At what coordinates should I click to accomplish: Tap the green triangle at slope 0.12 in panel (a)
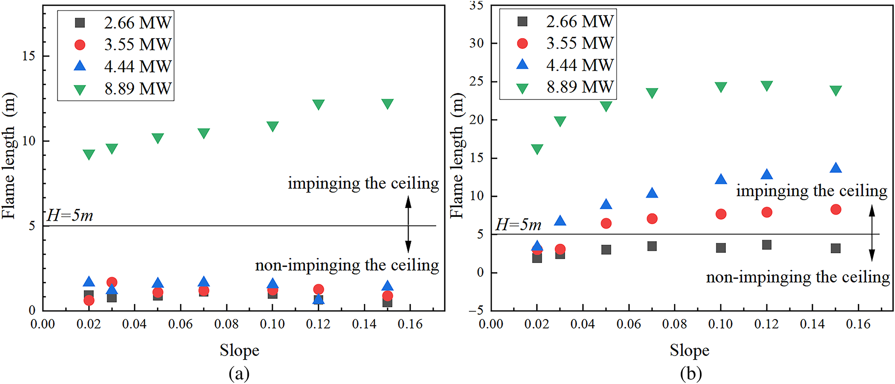tap(319, 104)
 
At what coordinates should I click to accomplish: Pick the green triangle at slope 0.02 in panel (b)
tap(537, 149)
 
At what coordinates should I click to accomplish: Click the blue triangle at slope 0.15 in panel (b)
tap(836, 168)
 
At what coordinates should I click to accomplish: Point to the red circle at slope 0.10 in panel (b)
tap(721, 214)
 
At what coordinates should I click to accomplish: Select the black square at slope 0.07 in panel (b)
tap(652, 246)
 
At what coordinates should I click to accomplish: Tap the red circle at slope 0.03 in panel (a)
tap(112, 282)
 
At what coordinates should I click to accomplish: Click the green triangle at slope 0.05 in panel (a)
tap(158, 138)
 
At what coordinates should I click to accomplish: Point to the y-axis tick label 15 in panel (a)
tap(29, 56)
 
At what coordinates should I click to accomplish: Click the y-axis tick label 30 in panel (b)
tap(476, 43)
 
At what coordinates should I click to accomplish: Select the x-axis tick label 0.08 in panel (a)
tap(227, 324)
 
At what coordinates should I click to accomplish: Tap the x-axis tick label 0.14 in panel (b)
tap(813, 324)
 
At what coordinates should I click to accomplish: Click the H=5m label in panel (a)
tap(70, 216)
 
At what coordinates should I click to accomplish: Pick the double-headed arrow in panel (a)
tap(408, 225)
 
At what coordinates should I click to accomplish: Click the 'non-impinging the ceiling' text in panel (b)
tap(797, 277)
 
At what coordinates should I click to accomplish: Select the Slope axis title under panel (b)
tap(690, 351)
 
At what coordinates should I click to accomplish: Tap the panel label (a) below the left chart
tap(239, 374)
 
